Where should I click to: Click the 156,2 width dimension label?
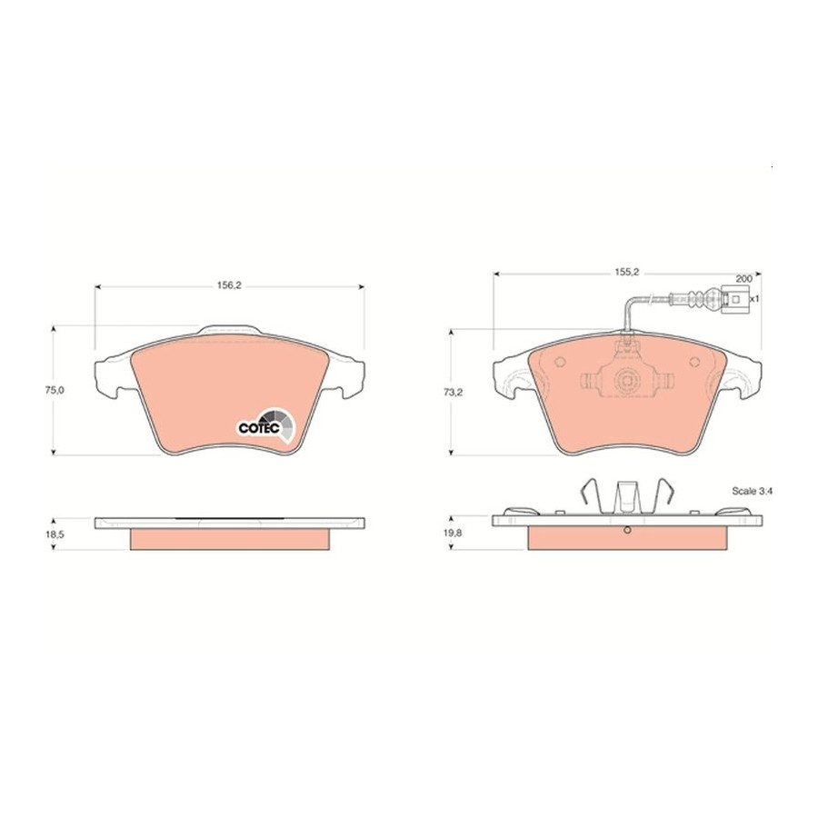228,285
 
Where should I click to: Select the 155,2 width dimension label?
626,272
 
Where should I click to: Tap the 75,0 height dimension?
55,390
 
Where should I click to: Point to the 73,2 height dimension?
453,393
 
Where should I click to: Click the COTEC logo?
266,425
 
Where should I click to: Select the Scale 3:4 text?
752,491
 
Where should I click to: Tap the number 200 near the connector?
743,279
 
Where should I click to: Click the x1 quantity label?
753,299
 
